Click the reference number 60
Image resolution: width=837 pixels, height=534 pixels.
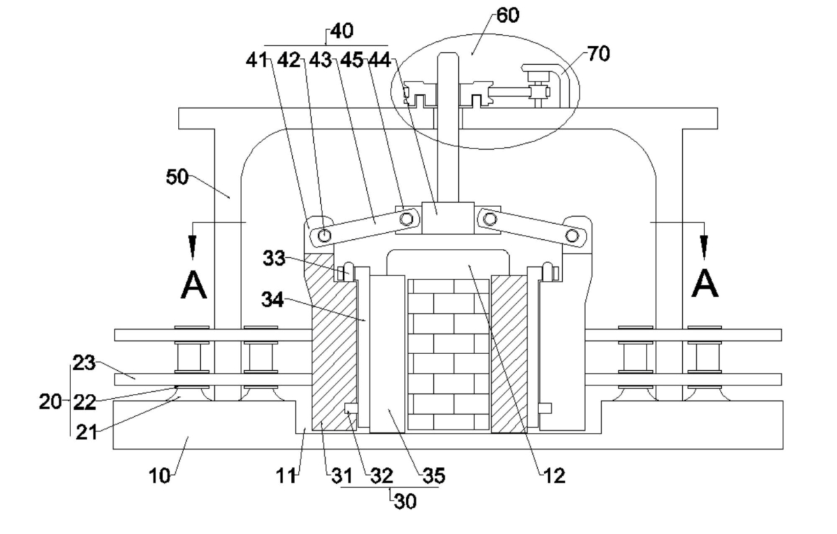pyautogui.click(x=508, y=15)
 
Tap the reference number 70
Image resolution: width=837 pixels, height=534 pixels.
pyautogui.click(x=598, y=54)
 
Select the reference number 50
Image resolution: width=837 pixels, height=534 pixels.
pyautogui.click(x=177, y=176)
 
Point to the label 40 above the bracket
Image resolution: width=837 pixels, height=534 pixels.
pyautogui.click(x=342, y=31)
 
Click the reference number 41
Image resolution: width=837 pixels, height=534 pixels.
pyautogui.click(x=257, y=60)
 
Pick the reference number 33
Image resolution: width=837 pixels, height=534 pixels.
pyautogui.click(x=274, y=258)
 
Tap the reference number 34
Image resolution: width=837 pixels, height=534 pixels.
pyautogui.click(x=273, y=300)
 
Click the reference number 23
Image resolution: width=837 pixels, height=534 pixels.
pyautogui.click(x=84, y=363)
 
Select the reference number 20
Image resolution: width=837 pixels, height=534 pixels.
pyautogui.click(x=50, y=402)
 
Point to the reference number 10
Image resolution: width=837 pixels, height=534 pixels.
pyautogui.click(x=160, y=476)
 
